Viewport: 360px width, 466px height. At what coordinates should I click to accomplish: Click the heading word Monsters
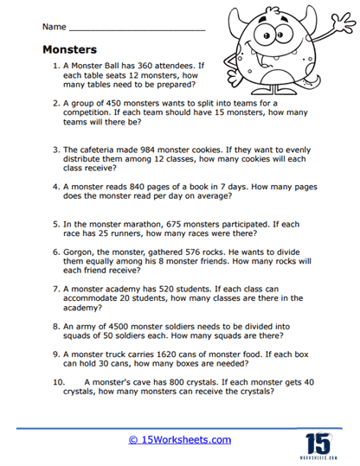[x=71, y=49]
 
